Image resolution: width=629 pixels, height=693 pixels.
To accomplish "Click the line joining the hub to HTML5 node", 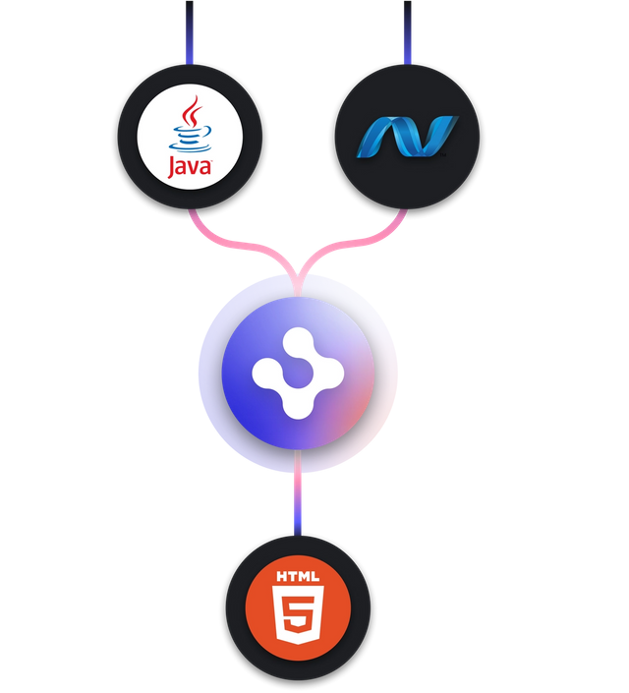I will click(296, 501).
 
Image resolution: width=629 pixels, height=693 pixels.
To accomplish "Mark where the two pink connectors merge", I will click(300, 270).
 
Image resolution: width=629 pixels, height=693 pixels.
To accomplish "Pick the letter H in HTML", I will click(281, 576).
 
